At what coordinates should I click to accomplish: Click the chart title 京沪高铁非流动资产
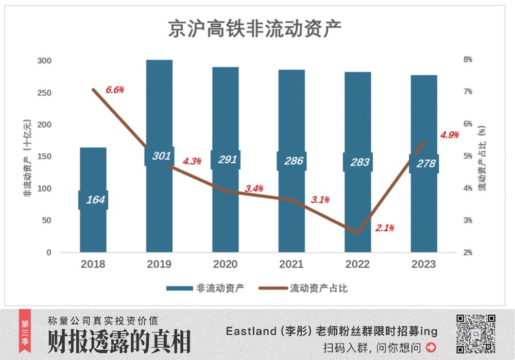point(255,28)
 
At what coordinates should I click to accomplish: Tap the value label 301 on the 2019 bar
point(160,156)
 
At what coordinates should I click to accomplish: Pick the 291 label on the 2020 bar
point(226,160)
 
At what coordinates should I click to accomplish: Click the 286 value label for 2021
point(291,161)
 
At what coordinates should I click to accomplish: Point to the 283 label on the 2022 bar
point(357,162)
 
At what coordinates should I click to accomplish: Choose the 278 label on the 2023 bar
point(424,164)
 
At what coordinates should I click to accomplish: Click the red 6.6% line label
point(115,90)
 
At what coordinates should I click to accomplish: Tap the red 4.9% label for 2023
point(449,135)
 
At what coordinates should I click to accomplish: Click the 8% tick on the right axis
point(468,60)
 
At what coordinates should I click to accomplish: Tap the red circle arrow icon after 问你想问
point(431,347)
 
